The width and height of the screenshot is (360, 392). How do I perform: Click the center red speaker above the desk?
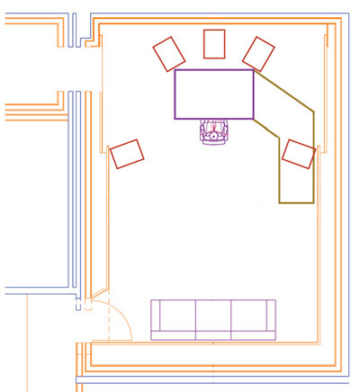pyautogui.click(x=214, y=43)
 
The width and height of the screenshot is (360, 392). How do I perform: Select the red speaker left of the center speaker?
pyautogui.click(x=167, y=54)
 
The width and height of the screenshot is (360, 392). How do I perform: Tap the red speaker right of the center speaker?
pyautogui.click(x=258, y=53)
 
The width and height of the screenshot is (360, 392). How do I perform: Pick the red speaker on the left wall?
pyautogui.click(x=127, y=154)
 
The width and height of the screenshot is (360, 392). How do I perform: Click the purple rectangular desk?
pyautogui.click(x=214, y=94)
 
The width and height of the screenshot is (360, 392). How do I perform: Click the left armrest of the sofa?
pyautogui.click(x=155, y=319)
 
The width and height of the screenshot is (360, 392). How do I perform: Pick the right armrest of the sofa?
pyautogui.click(x=271, y=319)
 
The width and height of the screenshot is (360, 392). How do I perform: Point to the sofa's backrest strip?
pyautogui.click(x=213, y=335)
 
